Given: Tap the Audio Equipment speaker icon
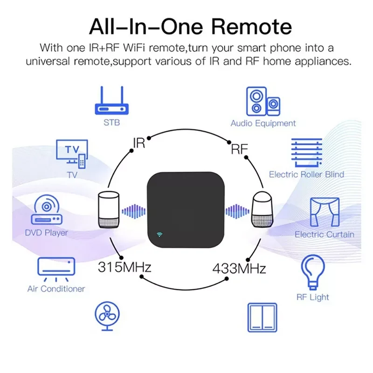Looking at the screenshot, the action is (263, 101).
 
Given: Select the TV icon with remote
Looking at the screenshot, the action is (72, 154).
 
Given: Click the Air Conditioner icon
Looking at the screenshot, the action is (56, 269).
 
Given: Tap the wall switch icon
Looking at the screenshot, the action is (262, 318).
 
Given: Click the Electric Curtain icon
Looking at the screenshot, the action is (325, 212).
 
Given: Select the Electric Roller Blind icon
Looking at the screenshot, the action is (307, 152).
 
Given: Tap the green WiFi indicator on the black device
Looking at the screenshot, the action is (159, 235).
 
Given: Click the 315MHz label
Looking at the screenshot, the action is (124, 267).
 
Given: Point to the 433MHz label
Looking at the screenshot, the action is (239, 269).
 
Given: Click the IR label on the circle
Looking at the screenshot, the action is (139, 143).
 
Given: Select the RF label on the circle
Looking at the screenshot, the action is (239, 149).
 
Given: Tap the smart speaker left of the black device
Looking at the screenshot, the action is (109, 210).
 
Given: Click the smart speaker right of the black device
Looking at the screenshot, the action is (262, 209).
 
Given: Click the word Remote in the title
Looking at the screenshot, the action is (251, 27).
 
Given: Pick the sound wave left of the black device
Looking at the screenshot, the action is (134, 211).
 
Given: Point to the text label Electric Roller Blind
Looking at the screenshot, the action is (307, 174).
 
